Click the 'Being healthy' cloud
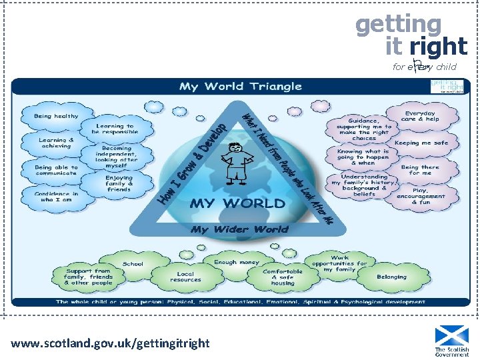(57, 116)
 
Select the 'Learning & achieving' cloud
(57, 144)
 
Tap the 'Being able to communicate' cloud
(56, 170)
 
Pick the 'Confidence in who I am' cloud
(56, 197)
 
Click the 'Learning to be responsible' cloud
(115, 129)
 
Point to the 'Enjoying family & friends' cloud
(119, 183)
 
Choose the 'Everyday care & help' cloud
(420, 116)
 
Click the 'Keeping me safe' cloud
(421, 143)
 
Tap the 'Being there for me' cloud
(420, 170)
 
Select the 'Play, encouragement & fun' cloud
(421, 195)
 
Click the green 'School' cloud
(133, 263)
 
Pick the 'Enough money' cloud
(236, 262)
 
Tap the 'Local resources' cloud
(185, 277)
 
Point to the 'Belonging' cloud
(391, 277)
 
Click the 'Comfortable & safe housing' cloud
(283, 277)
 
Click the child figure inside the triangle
(237, 163)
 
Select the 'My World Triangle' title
(241, 87)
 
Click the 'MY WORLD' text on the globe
(237, 203)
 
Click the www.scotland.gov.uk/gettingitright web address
(110, 343)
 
